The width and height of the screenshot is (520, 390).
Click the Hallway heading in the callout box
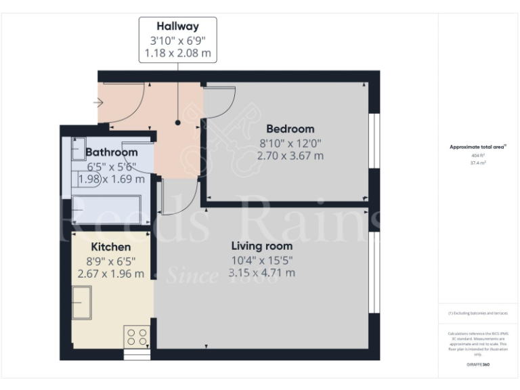(x=178, y=27)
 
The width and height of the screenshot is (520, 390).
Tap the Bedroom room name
(x=290, y=129)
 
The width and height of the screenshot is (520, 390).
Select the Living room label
(x=262, y=246)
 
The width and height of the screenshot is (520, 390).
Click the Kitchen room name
(x=111, y=247)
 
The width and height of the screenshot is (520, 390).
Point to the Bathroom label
(x=112, y=152)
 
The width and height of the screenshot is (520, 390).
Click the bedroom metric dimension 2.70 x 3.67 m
(x=290, y=156)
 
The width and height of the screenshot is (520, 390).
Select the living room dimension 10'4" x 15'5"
(x=262, y=259)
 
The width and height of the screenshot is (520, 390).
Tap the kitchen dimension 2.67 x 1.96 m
(x=111, y=274)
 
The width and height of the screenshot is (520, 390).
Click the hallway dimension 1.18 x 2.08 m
(x=178, y=53)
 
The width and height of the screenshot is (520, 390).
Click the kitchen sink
(x=83, y=303)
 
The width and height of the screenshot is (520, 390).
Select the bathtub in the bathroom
(x=106, y=210)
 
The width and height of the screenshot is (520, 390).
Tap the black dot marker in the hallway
(x=178, y=123)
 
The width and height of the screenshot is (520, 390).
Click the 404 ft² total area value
(x=478, y=155)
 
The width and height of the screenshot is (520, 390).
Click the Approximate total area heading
(x=478, y=146)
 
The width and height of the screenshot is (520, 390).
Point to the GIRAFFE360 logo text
(x=478, y=364)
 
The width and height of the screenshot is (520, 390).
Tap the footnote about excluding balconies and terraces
(x=478, y=313)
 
